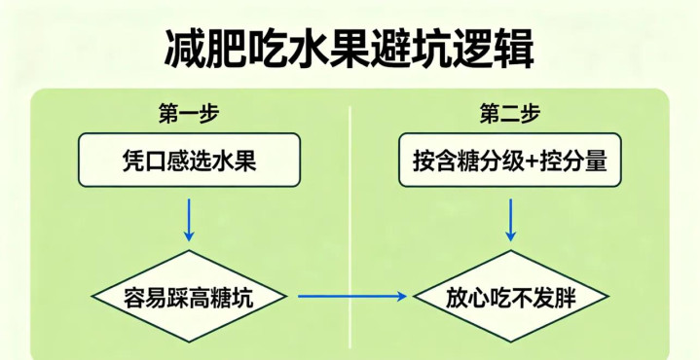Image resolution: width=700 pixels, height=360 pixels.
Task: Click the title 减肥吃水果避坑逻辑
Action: pos(350,49)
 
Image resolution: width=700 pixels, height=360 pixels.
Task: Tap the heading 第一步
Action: pos(189,115)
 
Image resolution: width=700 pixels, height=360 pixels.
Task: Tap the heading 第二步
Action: pos(510,115)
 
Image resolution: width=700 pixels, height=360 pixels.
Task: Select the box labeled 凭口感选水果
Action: pos(189,160)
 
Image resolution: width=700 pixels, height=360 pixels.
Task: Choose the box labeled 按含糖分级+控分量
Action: pos(510,160)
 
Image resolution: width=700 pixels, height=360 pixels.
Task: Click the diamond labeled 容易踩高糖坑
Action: pos(189,296)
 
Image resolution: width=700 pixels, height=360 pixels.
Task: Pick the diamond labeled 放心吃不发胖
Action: pos(511,296)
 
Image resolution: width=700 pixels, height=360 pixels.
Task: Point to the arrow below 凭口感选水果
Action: pos(189,220)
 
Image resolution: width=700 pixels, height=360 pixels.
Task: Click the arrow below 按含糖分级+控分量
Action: pos(510,220)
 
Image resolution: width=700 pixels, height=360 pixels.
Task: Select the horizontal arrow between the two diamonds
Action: pos(352,296)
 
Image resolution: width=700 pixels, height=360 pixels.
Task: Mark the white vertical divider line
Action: pos(350,232)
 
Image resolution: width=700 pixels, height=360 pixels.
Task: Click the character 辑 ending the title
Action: pos(514,49)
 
